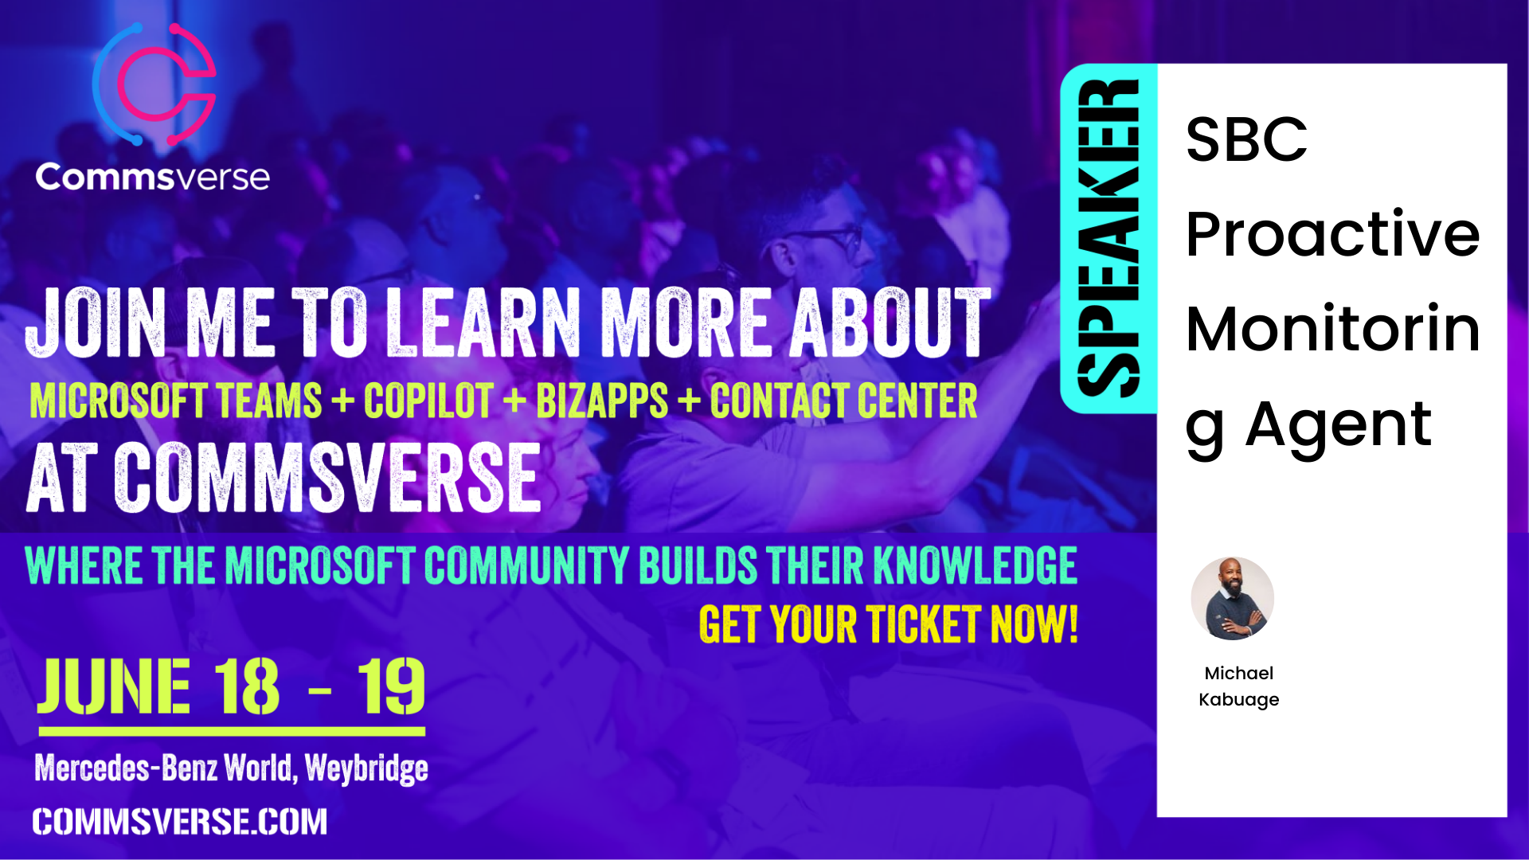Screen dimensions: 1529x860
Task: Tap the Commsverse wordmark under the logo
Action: pyautogui.click(x=152, y=176)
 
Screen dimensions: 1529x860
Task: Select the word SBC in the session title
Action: pyautogui.click(x=1246, y=139)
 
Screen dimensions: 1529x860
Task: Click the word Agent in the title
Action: pyautogui.click(x=1339, y=424)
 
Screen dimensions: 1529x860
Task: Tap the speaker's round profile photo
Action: pyautogui.click(x=1232, y=598)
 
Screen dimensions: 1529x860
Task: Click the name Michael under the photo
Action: pyautogui.click(x=1238, y=673)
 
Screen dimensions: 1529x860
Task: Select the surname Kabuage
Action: pyautogui.click(x=1238, y=699)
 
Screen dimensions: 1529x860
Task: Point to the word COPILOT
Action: pyautogui.click(x=428, y=401)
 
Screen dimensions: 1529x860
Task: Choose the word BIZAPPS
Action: pyautogui.click(x=602, y=401)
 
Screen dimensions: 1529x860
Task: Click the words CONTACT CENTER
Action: pyautogui.click(x=843, y=401)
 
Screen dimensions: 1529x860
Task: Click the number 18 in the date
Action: pyautogui.click(x=246, y=686)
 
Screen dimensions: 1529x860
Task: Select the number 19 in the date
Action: pyautogui.click(x=391, y=686)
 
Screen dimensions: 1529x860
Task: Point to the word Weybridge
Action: pyautogui.click(x=366, y=768)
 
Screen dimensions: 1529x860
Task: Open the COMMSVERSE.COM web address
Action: pyautogui.click(x=180, y=822)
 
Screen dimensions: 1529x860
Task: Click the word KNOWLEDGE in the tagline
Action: pyautogui.click(x=976, y=565)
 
